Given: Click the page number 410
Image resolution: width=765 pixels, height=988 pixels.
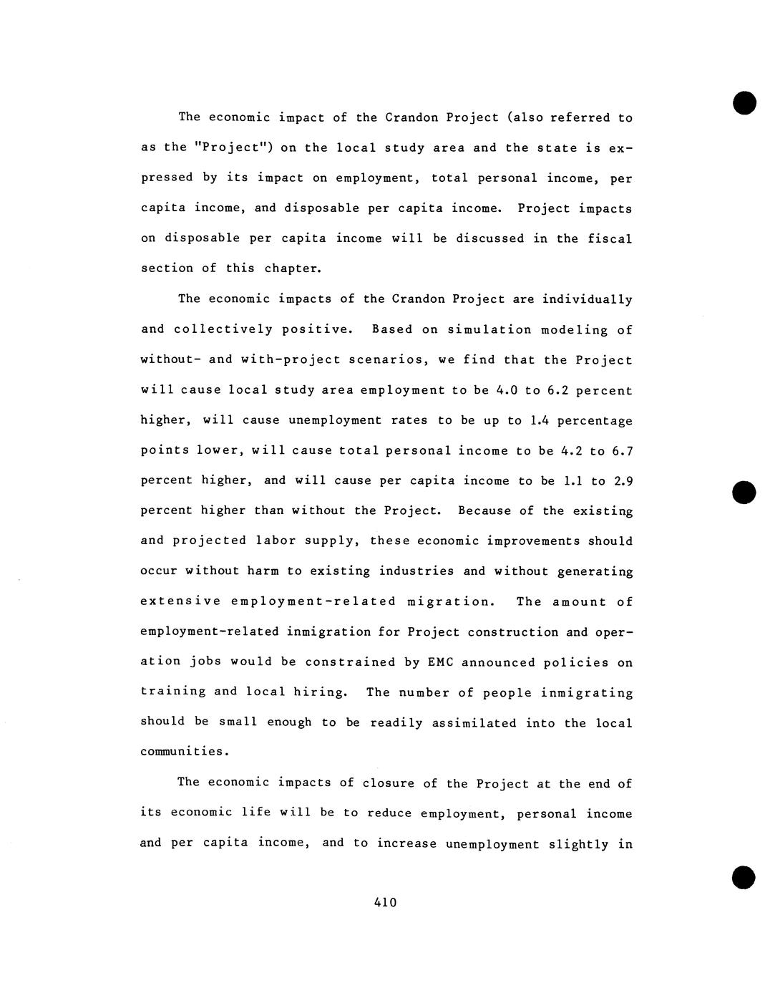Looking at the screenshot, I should pos(385,903).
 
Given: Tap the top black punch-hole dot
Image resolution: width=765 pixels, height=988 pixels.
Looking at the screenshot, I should pos(744,103).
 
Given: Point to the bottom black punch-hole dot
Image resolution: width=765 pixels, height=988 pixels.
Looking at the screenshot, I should pos(744,877).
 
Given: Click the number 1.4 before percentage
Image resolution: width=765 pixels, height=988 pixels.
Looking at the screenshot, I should pos(540,421).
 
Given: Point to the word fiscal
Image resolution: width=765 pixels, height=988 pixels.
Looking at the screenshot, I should pos(610,238).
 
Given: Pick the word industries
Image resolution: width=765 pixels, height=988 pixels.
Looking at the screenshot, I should pos(416,571).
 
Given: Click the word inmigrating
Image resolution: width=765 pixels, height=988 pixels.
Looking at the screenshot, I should pos(587,693).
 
